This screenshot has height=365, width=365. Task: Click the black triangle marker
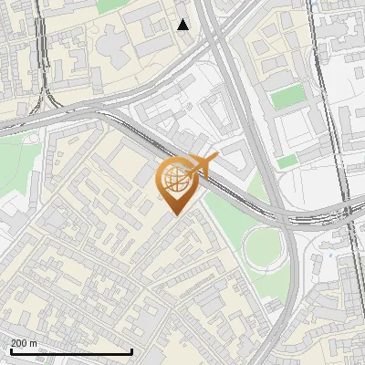click(x=183, y=24)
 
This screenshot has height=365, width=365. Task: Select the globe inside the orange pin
click(x=174, y=181)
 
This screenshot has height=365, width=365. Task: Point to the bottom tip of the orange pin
click(x=175, y=215)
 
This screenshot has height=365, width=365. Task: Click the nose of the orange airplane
click(x=215, y=161)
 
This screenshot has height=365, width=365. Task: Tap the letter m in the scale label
click(x=34, y=343)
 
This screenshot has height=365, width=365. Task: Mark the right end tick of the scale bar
click(x=133, y=351)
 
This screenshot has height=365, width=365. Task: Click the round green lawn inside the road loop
click(x=264, y=245)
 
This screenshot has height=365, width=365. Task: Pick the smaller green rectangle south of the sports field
click(x=287, y=162)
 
